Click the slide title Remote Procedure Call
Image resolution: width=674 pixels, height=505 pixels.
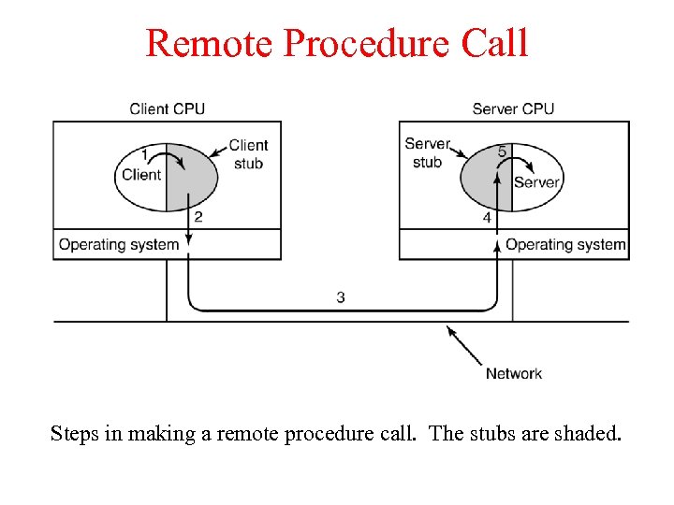pos(337,43)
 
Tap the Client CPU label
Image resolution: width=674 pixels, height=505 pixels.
pos(167,108)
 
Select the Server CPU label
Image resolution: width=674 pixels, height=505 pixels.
pos(512,108)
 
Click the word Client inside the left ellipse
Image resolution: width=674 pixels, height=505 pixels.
pos(141,175)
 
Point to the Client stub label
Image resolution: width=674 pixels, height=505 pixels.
pos(248,154)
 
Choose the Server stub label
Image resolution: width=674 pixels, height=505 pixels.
pos(427,153)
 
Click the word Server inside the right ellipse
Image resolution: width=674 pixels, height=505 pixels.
pos(536,182)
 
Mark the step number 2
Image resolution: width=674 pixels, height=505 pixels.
pos(198,217)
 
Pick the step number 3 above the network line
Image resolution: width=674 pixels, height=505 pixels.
pos(341,297)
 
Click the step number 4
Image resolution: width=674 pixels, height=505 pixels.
pos(487,218)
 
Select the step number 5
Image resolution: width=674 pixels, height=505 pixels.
pos(502,151)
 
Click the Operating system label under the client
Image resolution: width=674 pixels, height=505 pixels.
pos(119,245)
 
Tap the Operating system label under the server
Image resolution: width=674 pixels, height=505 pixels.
pos(565,245)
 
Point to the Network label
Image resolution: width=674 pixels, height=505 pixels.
pos(513,373)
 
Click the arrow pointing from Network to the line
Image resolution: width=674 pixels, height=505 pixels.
pos(464,344)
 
